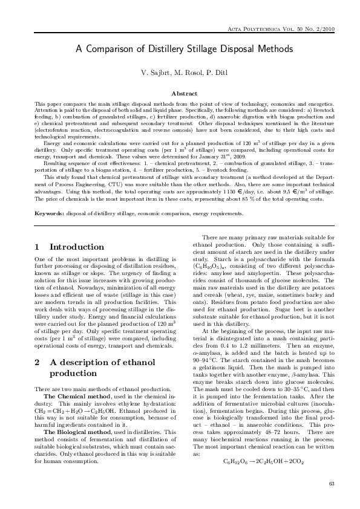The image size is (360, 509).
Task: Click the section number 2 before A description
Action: click(x=38, y=362)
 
